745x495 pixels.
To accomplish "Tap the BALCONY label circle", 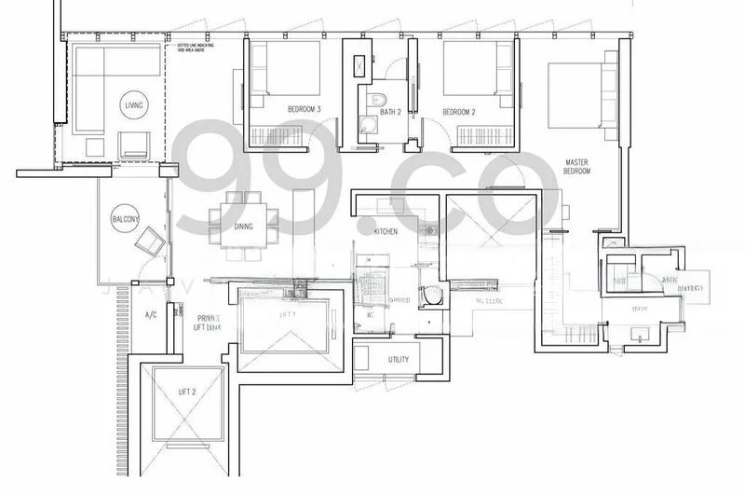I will point(125,219).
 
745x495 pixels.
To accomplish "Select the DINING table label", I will point(243,227).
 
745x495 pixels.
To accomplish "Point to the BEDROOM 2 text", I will point(459,112).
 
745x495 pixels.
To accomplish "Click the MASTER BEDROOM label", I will point(576,168).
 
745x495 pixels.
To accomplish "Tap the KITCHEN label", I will point(386,229).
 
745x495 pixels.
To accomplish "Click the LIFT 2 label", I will point(187,392).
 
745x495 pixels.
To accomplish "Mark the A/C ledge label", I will point(149,315).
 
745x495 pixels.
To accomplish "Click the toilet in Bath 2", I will point(376,100).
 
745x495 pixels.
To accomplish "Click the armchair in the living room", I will point(134,144).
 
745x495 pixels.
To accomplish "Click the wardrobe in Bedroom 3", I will point(276,136).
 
